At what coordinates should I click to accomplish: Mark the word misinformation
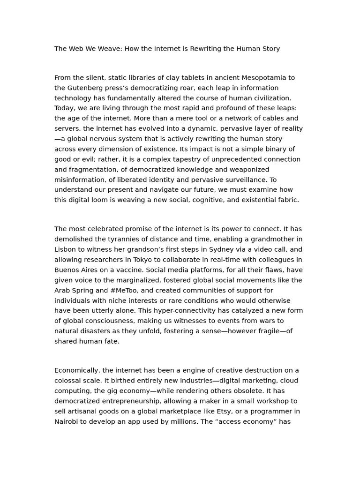77,180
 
